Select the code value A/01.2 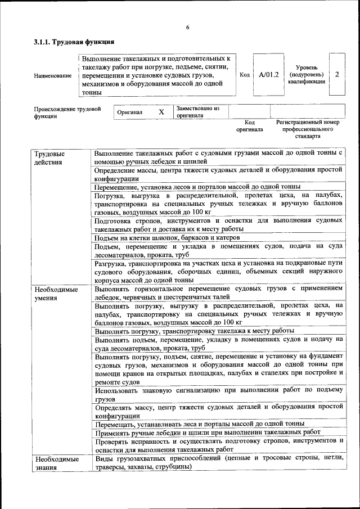pos(269,74)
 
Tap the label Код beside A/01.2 pos(245,74)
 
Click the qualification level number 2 pos(336,74)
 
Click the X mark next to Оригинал pos(161,112)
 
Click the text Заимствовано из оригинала pos(197,111)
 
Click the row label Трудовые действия pos(49,158)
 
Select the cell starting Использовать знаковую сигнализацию pos(218,394)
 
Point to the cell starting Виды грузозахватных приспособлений pos(218,463)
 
